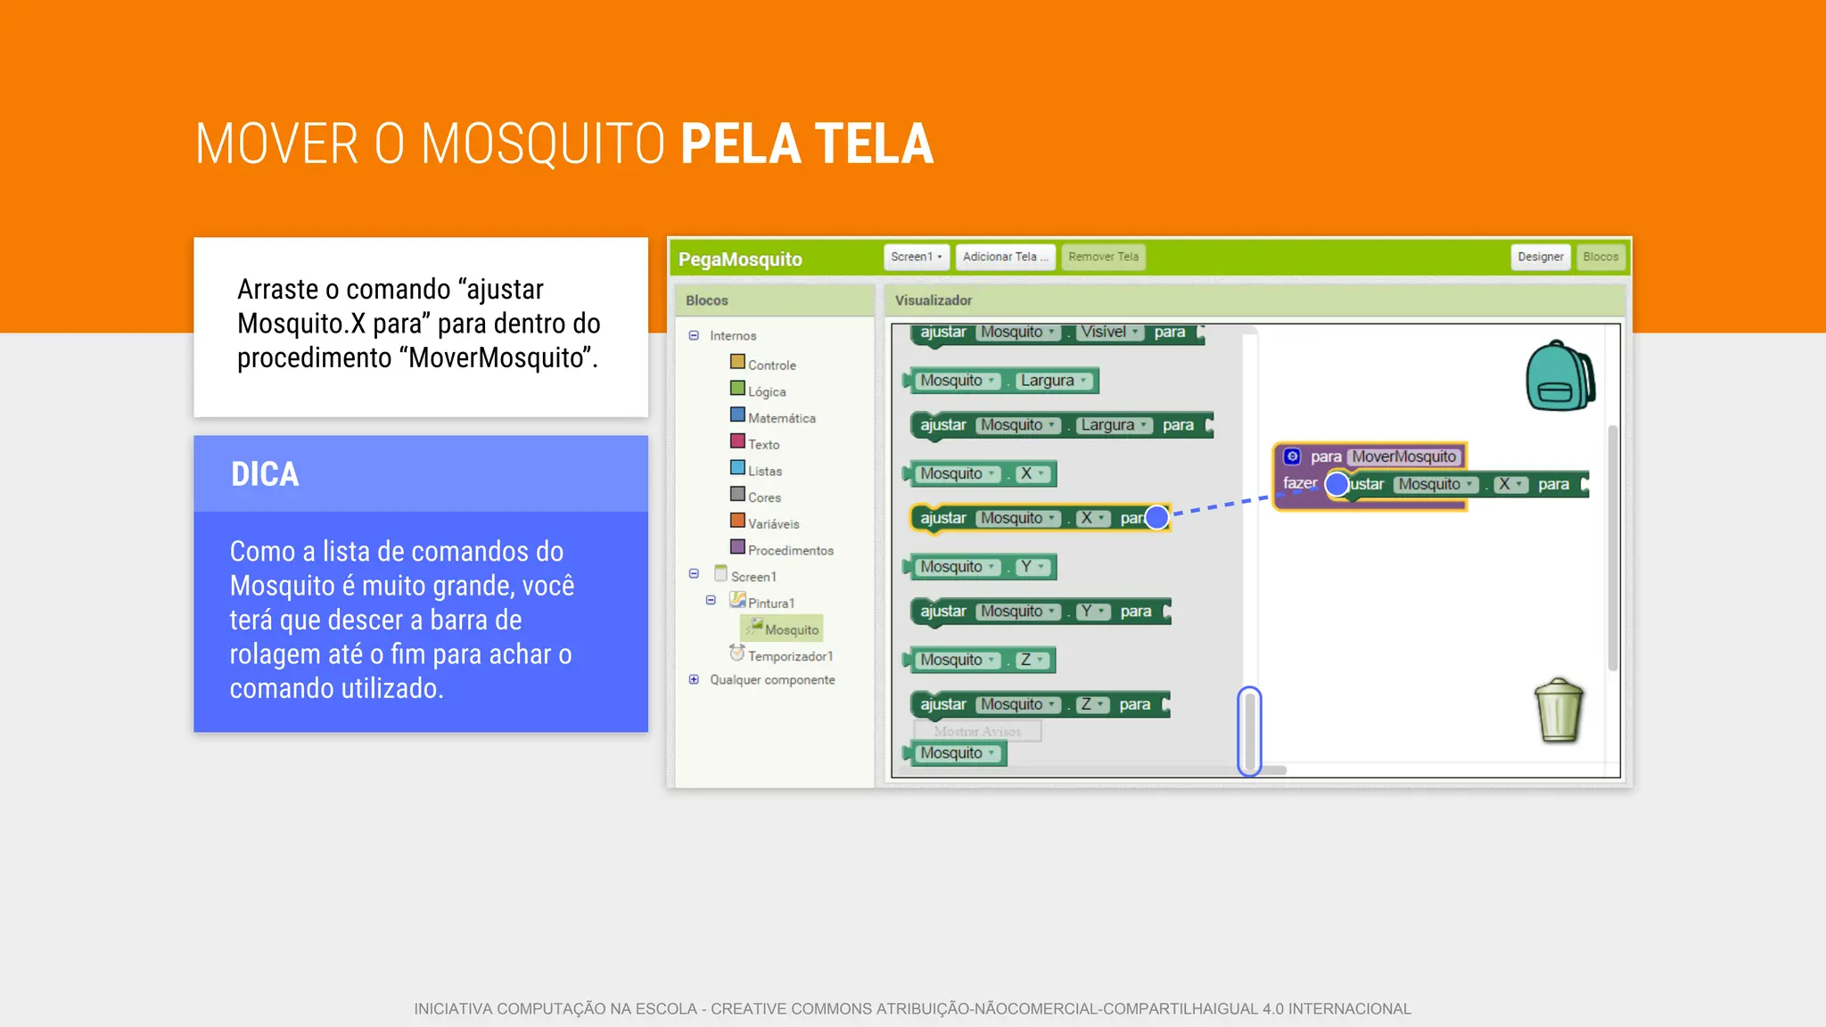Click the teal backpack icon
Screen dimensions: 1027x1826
1560,376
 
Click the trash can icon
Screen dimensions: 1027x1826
1559,711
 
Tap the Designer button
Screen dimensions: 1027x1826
1540,257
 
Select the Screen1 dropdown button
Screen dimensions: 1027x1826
916,257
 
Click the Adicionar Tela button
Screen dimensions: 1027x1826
1005,257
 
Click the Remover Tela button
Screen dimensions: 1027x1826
1103,257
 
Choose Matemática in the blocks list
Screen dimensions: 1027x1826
781,418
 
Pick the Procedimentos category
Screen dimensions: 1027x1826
790,550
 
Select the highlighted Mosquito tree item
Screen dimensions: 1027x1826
790,629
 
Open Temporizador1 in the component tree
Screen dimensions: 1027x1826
790,656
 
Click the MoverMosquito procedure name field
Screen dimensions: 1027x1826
1403,456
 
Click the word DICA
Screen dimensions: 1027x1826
265,474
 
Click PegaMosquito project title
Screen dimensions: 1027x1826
740,259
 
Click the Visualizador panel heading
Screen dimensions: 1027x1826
933,300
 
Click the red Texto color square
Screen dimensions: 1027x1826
737,441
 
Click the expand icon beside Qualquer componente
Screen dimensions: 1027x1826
694,679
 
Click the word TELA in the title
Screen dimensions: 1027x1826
874,144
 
